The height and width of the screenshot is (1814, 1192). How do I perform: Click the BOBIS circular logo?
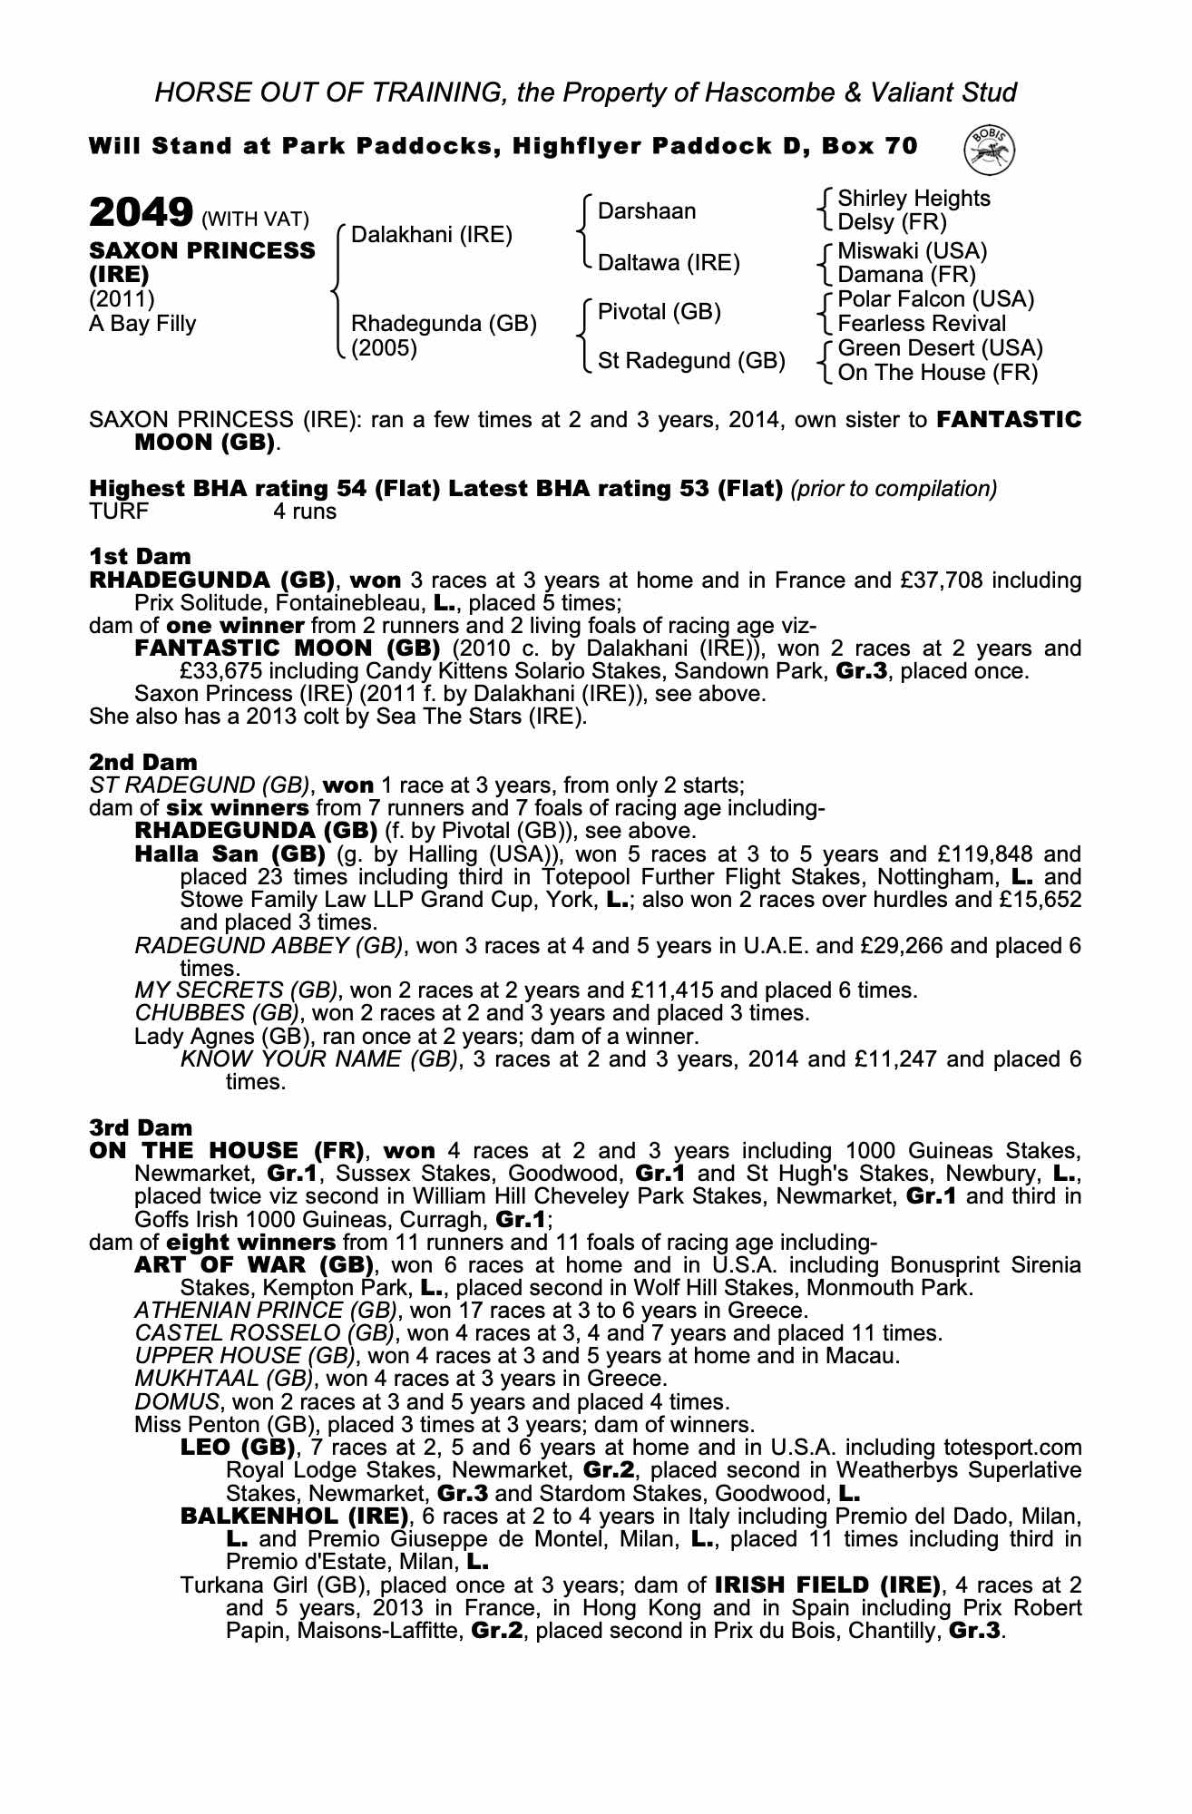[991, 148]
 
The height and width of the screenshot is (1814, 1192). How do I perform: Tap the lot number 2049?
[141, 214]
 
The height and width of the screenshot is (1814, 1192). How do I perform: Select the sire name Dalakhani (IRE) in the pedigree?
[432, 236]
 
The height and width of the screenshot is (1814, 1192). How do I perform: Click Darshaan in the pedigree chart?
[647, 211]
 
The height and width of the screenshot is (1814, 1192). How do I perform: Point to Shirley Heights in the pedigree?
[914, 199]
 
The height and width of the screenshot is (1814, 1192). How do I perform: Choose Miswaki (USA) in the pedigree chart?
[912, 250]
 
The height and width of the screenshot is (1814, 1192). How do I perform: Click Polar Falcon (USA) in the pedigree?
[935, 299]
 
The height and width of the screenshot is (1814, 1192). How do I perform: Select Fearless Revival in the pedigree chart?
[922, 324]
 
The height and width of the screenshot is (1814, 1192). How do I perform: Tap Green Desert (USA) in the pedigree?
[940, 348]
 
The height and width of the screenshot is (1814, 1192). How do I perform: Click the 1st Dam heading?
[140, 556]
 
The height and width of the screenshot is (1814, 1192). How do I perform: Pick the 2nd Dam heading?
[142, 762]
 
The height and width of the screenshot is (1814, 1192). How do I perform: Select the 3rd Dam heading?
[141, 1127]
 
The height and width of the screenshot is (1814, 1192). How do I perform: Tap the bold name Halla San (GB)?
[230, 853]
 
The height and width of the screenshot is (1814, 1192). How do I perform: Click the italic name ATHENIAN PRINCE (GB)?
[265, 1311]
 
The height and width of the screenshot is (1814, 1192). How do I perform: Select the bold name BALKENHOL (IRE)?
[293, 1516]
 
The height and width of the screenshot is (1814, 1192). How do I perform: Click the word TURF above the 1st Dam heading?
[118, 512]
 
